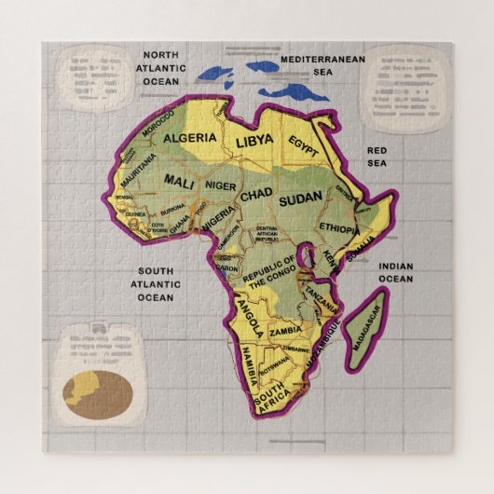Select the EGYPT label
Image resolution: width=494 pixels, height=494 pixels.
[303, 146]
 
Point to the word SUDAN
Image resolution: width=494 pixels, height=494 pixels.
[299, 198]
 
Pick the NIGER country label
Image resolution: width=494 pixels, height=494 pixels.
[221, 186]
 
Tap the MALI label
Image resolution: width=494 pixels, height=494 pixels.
[179, 181]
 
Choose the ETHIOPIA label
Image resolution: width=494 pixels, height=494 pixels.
[338, 227]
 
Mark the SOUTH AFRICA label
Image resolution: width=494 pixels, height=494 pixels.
[273, 401]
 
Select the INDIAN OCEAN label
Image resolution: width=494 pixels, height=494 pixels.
[394, 271]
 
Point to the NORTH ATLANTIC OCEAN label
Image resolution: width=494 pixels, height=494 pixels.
[160, 67]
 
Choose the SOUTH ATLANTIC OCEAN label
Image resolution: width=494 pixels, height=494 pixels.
[156, 284]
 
